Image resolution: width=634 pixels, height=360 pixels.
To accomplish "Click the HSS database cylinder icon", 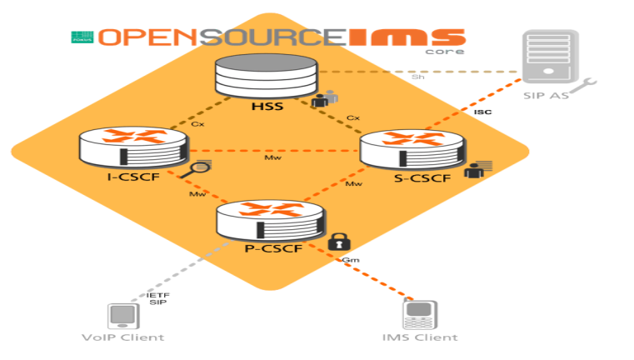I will pos(267,77).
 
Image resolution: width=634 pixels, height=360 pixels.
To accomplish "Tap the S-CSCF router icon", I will pos(412,148).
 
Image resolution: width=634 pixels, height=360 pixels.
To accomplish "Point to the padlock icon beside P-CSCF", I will pos(337,242).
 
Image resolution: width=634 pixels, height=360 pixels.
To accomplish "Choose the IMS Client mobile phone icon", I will pos(419,314).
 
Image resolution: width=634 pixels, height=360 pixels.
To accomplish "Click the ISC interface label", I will pos(482,112).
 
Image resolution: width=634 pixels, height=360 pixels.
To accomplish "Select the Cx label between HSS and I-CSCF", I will pos(197,123).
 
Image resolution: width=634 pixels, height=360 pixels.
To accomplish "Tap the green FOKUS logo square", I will pos(81,37).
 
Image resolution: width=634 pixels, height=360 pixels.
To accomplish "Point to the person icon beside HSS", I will pos(322,99).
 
